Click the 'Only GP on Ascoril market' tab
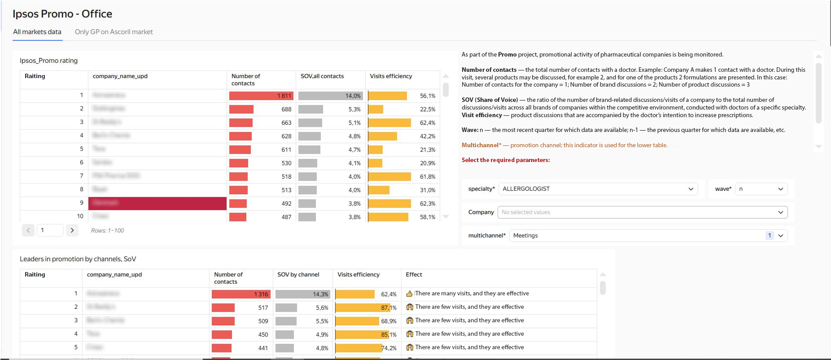pos(114,32)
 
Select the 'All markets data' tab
pos(37,32)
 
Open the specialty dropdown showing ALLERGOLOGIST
pos(598,189)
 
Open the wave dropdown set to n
pos(761,189)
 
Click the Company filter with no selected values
pos(642,212)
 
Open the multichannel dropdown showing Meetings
pos(648,236)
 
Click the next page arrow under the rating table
pos(72,230)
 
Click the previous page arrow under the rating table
pos(28,230)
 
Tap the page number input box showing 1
pos(50,230)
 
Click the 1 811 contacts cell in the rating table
pos(261,96)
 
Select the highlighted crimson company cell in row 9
pos(157,203)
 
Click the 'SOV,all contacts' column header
pos(322,76)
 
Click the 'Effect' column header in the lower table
pos(414,275)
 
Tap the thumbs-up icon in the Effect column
pos(409,294)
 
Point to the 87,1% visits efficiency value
pos(389,307)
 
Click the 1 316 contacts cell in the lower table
pos(241,294)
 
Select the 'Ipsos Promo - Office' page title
pos(62,14)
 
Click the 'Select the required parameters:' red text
pos(506,160)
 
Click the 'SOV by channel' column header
pos(298,275)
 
